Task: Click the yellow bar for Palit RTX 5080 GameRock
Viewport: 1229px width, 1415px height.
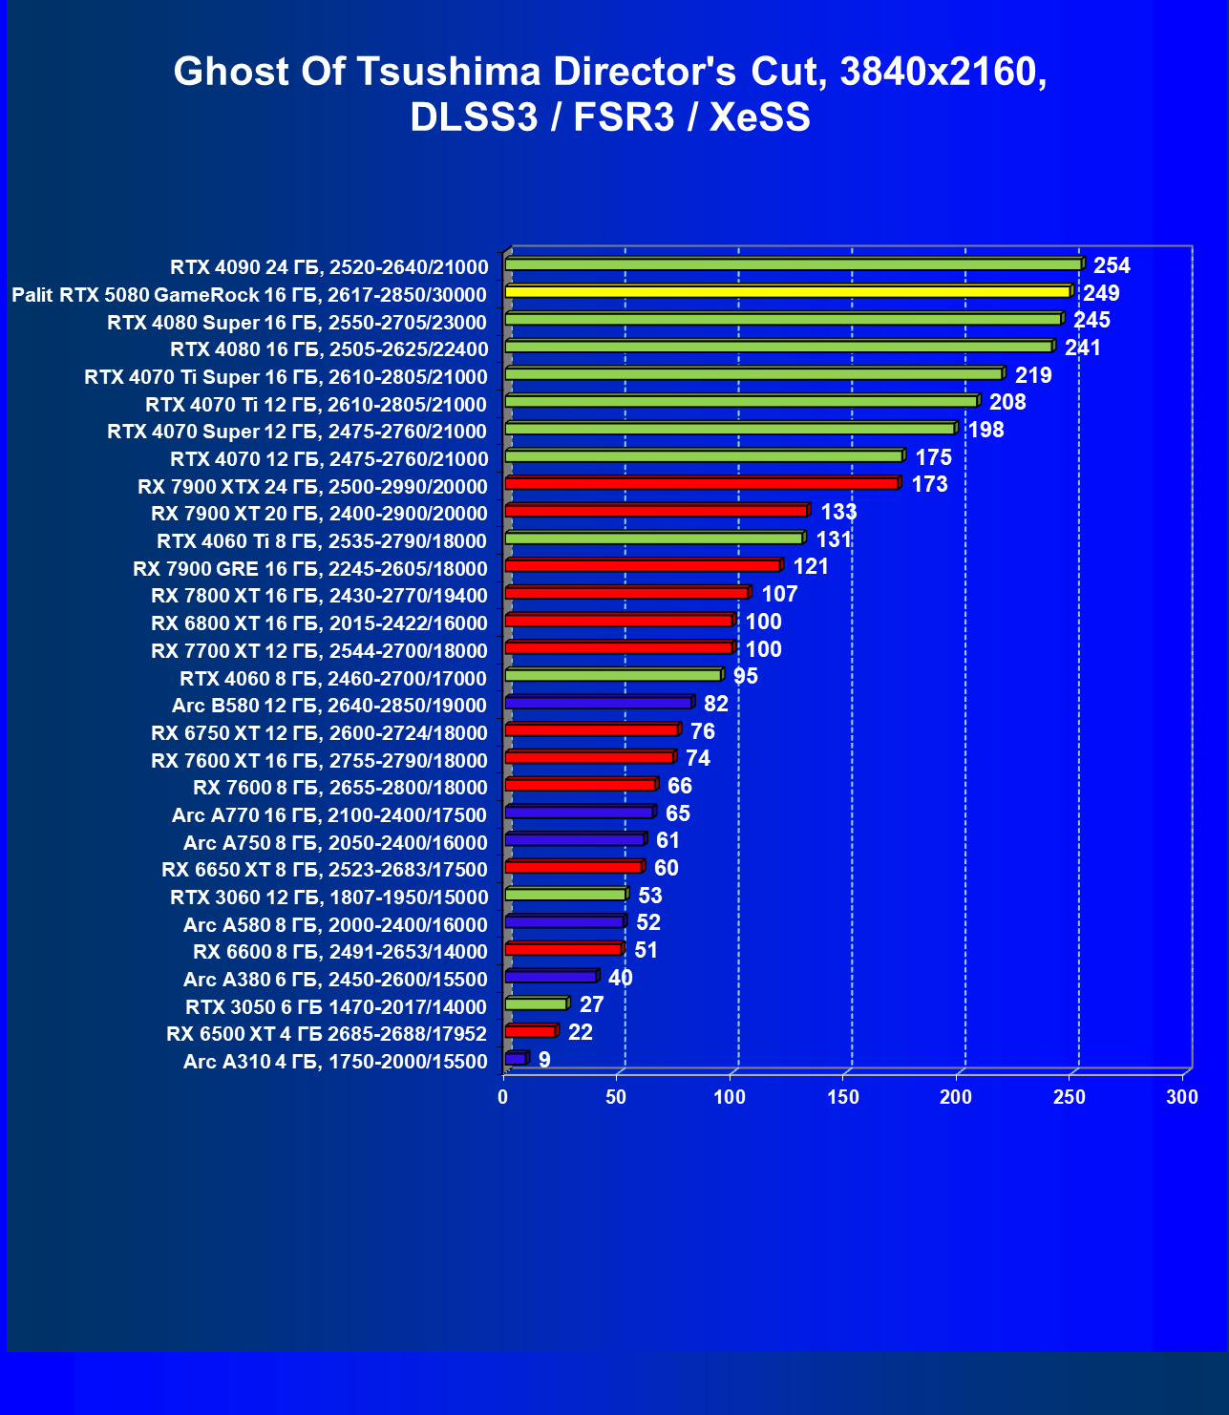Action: (788, 291)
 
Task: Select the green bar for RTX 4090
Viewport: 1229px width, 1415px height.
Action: (793, 264)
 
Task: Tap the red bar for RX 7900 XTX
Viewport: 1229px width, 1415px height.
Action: (702, 483)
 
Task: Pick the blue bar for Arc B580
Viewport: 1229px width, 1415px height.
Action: (598, 703)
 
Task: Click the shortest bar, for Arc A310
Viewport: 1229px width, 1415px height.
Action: (515, 1059)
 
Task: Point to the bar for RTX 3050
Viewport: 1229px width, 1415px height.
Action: (536, 1003)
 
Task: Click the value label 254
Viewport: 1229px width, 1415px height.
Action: (1112, 265)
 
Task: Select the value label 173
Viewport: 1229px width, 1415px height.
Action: (929, 484)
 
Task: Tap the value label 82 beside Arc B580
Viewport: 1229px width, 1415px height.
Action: (715, 704)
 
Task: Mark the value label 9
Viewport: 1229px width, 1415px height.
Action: (544, 1060)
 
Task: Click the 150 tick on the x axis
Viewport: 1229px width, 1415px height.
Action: (843, 1097)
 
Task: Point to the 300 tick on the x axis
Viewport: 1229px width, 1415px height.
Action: (1182, 1097)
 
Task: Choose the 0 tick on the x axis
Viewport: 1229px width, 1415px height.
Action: (503, 1097)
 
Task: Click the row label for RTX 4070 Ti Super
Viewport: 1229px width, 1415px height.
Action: (286, 377)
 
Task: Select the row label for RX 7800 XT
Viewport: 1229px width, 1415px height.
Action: (319, 596)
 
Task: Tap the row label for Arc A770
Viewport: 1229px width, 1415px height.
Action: (329, 815)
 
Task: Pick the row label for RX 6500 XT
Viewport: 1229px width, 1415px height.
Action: (327, 1034)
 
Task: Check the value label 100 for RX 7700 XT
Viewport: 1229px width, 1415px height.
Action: (763, 649)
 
